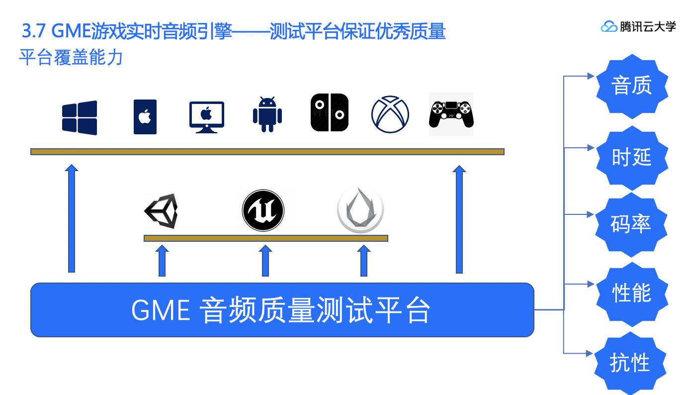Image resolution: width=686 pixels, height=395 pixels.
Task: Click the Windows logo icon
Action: click(80, 118)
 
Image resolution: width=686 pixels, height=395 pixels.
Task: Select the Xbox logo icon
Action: click(390, 114)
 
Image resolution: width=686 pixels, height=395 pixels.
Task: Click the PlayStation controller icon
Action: click(451, 114)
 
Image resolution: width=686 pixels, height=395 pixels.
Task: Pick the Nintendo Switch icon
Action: click(330, 113)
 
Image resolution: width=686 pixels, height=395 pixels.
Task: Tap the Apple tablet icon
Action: click(145, 117)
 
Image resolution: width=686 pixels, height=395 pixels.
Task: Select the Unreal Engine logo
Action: click(263, 211)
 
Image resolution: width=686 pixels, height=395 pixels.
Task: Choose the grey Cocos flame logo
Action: click(360, 210)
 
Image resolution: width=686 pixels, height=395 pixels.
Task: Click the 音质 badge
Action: click(631, 86)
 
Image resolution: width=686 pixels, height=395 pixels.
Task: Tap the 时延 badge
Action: click(631, 158)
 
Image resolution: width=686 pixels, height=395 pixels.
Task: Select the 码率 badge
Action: click(631, 225)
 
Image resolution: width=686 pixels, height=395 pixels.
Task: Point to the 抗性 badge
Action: click(630, 363)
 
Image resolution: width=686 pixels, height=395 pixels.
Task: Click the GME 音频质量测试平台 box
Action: click(282, 310)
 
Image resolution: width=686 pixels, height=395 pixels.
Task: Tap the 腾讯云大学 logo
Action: click(638, 26)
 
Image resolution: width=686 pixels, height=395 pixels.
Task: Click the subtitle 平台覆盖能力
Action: click(71, 58)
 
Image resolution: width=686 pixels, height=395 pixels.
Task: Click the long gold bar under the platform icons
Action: click(267, 152)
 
